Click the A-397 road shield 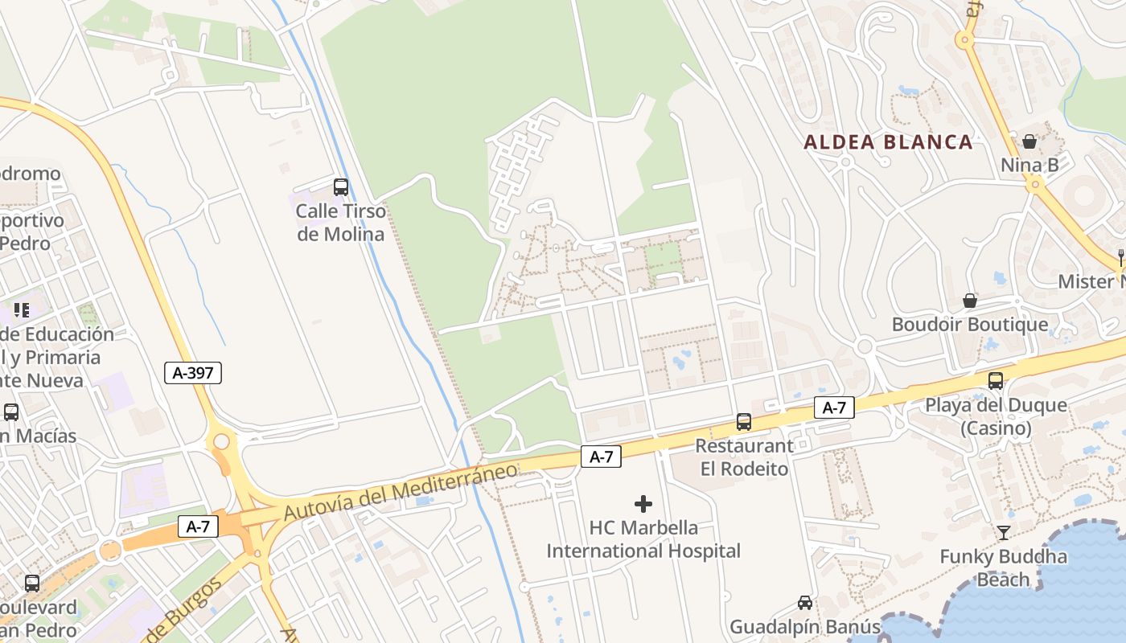coord(193,372)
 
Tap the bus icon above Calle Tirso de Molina coord(341,187)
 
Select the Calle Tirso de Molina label coord(341,223)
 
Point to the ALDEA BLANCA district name coord(889,142)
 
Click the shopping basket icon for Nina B coord(1029,141)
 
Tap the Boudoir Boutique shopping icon coord(970,301)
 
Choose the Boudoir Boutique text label coord(970,325)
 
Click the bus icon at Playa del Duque coord(996,381)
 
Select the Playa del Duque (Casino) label coord(996,416)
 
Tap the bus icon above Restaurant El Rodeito coord(744,421)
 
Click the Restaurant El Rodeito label coord(744,457)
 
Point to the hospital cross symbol coord(643,504)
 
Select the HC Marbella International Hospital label coord(643,539)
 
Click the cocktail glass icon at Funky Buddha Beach coord(1004,532)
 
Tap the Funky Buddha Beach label coord(1004,567)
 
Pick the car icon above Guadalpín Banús coord(804,603)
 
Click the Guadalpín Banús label coord(804,626)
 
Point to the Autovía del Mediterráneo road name coord(400,489)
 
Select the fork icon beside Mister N coord(1120,257)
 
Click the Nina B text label coord(1029,166)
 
